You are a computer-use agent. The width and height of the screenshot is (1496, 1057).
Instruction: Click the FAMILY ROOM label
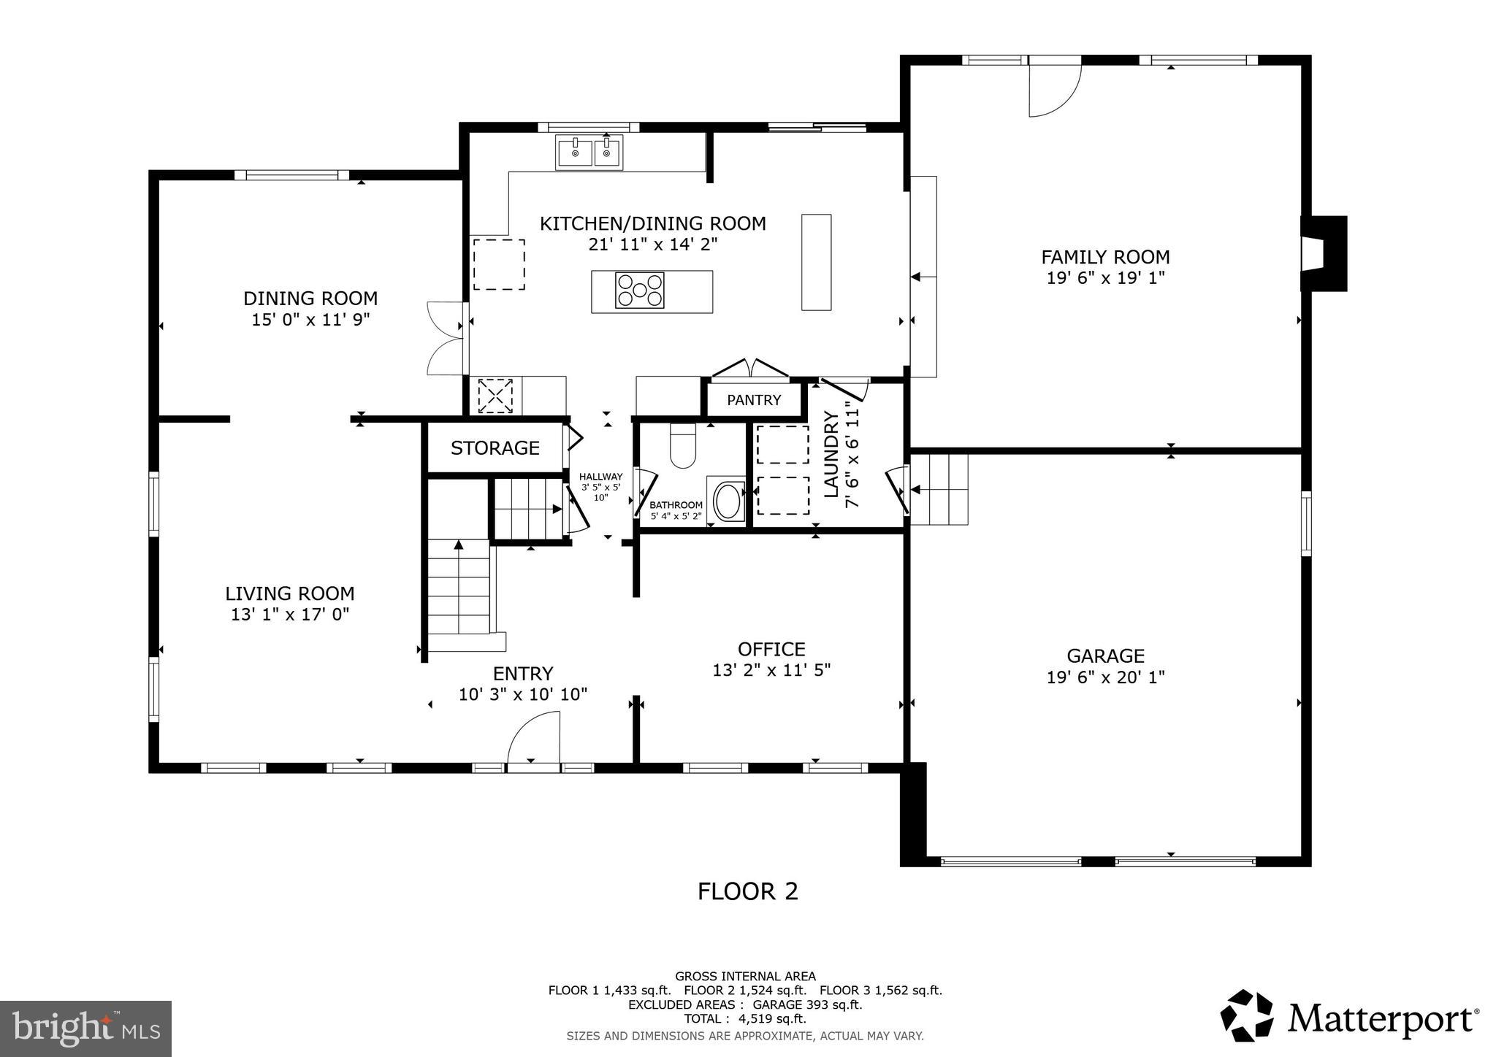pos(1104,257)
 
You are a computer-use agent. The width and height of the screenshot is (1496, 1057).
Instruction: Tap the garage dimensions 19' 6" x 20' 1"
pos(1104,677)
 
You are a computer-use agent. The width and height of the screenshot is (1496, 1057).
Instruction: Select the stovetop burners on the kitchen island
pos(639,290)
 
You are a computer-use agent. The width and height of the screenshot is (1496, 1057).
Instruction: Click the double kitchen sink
pos(589,153)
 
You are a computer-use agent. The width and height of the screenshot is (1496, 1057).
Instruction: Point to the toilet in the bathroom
pos(683,447)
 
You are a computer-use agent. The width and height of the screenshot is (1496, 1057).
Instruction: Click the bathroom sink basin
pos(726,501)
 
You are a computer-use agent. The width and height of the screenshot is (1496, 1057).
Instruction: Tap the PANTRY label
pos(753,400)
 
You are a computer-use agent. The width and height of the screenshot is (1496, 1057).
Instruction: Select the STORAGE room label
pos(495,447)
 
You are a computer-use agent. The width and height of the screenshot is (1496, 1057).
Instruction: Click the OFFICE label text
pos(771,649)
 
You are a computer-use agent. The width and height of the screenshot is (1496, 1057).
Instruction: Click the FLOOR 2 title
pos(747,891)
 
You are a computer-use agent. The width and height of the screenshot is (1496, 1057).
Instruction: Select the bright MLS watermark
pos(85,1028)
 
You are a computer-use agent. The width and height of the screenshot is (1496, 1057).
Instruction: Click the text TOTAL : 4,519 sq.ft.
pos(744,1018)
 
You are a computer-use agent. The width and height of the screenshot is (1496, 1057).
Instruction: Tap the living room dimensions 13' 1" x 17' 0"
pos(290,614)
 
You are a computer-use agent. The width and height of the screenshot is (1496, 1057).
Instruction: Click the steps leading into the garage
pos(941,489)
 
